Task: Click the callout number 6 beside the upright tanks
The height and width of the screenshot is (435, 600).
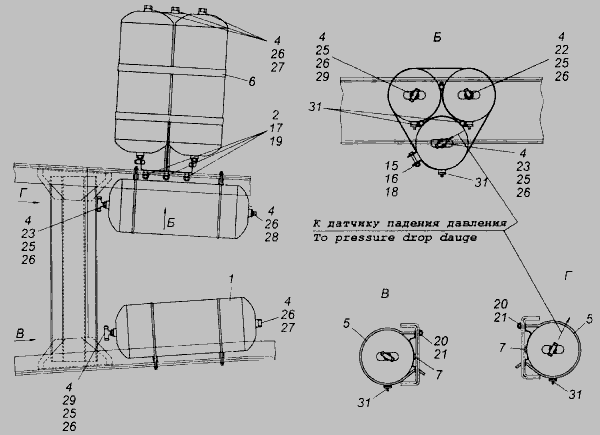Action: pos(251,81)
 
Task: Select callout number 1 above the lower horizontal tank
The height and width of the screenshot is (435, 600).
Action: pos(231,279)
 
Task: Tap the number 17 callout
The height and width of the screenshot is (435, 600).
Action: pos(275,128)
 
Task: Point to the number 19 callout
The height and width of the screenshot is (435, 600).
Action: pos(276,141)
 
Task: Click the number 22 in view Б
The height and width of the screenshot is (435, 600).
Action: pos(561,50)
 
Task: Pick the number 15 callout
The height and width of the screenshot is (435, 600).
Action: pos(391,166)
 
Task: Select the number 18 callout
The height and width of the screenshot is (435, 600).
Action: pos(391,192)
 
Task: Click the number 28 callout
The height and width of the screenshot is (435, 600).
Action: pos(271,237)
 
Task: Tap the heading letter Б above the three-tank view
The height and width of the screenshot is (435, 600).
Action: pos(437,37)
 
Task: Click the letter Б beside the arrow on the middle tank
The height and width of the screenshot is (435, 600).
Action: pos(171,223)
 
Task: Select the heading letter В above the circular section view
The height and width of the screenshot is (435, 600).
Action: pos(385,293)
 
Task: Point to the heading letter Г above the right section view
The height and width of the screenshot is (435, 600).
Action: pos(568,275)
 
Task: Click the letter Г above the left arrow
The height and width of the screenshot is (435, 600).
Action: pos(24,194)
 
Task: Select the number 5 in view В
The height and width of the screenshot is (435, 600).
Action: pos(347,323)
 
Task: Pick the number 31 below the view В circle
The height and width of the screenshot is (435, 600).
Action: pos(364,402)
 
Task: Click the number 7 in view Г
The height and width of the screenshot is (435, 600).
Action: pos(503,348)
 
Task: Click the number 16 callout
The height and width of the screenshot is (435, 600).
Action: pos(391,179)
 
